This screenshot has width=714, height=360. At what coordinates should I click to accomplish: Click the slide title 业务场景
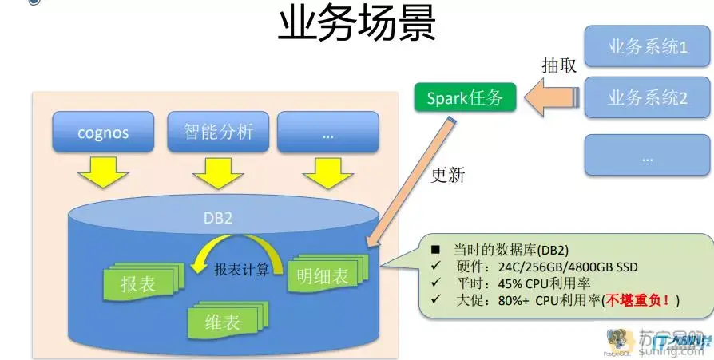pos(356,26)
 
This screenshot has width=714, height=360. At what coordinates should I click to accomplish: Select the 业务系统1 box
pos(647,47)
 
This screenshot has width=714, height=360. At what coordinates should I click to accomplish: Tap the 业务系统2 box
pos(647,98)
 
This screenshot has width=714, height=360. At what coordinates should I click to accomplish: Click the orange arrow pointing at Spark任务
pos(552,99)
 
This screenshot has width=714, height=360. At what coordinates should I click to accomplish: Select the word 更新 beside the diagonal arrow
pos(447,175)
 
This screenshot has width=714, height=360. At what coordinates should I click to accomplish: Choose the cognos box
pos(103,132)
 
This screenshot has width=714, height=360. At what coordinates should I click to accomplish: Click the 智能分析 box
pos(218,131)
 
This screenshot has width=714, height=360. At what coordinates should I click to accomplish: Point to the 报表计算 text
pos(241,270)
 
